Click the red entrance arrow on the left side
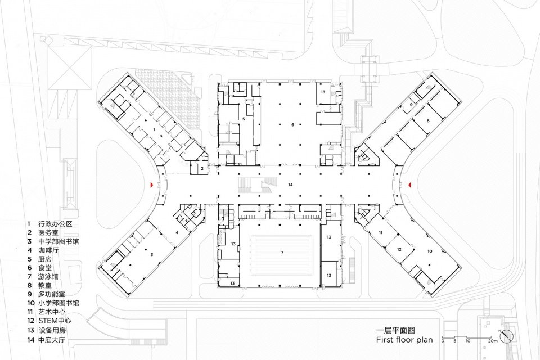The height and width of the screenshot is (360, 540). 151,185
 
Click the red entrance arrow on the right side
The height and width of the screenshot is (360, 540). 410,185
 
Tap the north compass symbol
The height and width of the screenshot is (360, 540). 508,336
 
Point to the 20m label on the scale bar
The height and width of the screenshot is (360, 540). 493,341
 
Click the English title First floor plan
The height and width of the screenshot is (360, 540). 404,340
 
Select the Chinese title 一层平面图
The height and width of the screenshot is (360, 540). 396,330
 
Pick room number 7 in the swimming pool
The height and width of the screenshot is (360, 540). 282,253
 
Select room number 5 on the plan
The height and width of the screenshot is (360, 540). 244,119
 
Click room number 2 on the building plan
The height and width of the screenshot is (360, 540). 201,168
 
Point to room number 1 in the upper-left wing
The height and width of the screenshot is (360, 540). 154,129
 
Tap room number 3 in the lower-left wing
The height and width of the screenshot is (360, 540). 151,254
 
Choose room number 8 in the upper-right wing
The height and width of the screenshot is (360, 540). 428,121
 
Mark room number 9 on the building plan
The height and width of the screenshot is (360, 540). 411,105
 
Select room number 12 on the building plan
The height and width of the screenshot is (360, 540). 399,249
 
